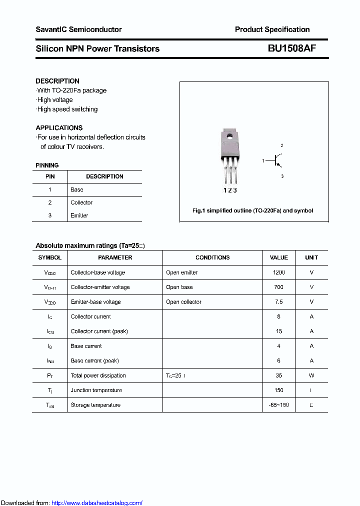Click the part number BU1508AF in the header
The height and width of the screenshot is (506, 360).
[291, 48]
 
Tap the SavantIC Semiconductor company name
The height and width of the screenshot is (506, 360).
[78, 29]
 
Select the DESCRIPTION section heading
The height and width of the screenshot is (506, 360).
[57, 81]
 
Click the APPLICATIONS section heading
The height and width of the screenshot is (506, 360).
[59, 127]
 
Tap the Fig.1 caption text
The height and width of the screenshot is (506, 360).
[252, 210]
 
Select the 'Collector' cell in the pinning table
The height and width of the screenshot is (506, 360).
[81, 202]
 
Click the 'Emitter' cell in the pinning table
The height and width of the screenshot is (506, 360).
[79, 215]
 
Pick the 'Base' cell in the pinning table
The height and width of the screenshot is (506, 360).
[77, 189]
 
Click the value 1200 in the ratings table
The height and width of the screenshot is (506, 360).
[278, 272]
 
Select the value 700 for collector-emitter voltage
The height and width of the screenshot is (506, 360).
[278, 287]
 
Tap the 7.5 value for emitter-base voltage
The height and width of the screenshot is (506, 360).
[278, 302]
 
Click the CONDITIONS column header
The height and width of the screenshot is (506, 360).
[212, 257]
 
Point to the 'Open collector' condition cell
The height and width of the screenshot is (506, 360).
[183, 302]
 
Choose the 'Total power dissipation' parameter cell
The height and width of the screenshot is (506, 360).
[98, 375]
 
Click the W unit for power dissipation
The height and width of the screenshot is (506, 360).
[311, 375]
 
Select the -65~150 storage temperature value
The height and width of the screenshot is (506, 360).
[278, 405]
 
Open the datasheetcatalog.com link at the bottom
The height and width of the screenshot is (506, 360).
[97, 502]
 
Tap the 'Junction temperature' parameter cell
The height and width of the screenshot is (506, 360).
[96, 390]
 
